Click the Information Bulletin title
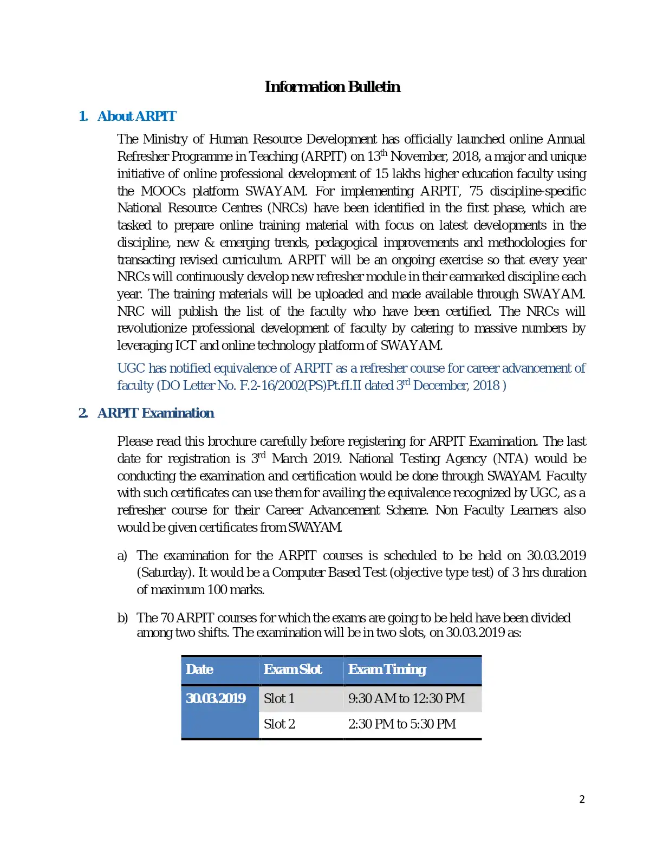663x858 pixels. [x=332, y=87]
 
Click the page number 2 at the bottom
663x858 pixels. [x=582, y=799]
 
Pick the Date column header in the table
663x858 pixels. [x=199, y=669]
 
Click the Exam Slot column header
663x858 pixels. [x=292, y=669]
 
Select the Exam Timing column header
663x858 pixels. [x=387, y=669]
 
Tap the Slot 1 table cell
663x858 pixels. [x=279, y=699]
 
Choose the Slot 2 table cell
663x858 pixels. [x=279, y=724]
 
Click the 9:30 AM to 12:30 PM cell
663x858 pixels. [x=406, y=699]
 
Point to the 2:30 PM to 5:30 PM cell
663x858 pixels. [x=402, y=724]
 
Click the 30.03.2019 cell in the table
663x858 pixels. [x=216, y=699]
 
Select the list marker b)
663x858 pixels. [x=122, y=618]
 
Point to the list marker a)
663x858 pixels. [x=122, y=556]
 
